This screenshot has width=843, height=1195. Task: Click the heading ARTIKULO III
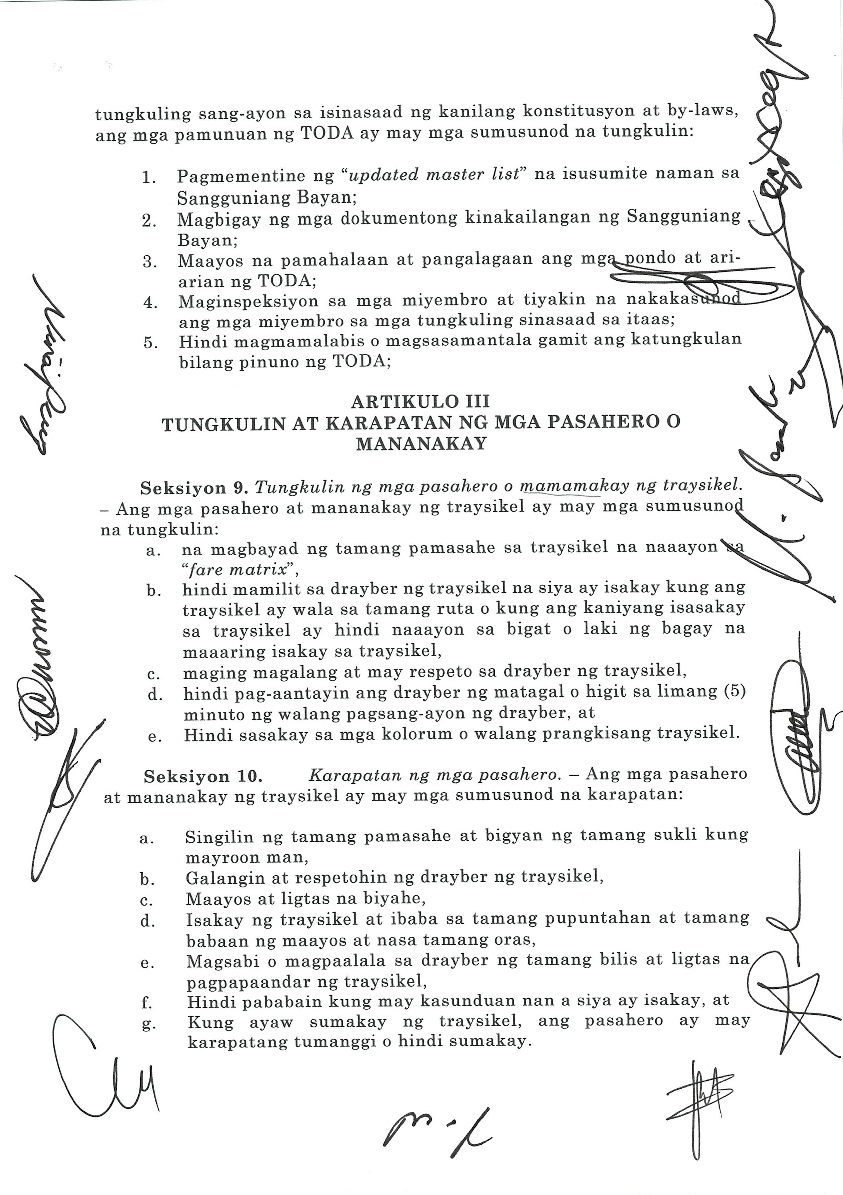[420, 402]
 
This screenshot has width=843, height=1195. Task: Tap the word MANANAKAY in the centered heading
[421, 444]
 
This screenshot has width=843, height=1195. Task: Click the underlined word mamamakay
[560, 487]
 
